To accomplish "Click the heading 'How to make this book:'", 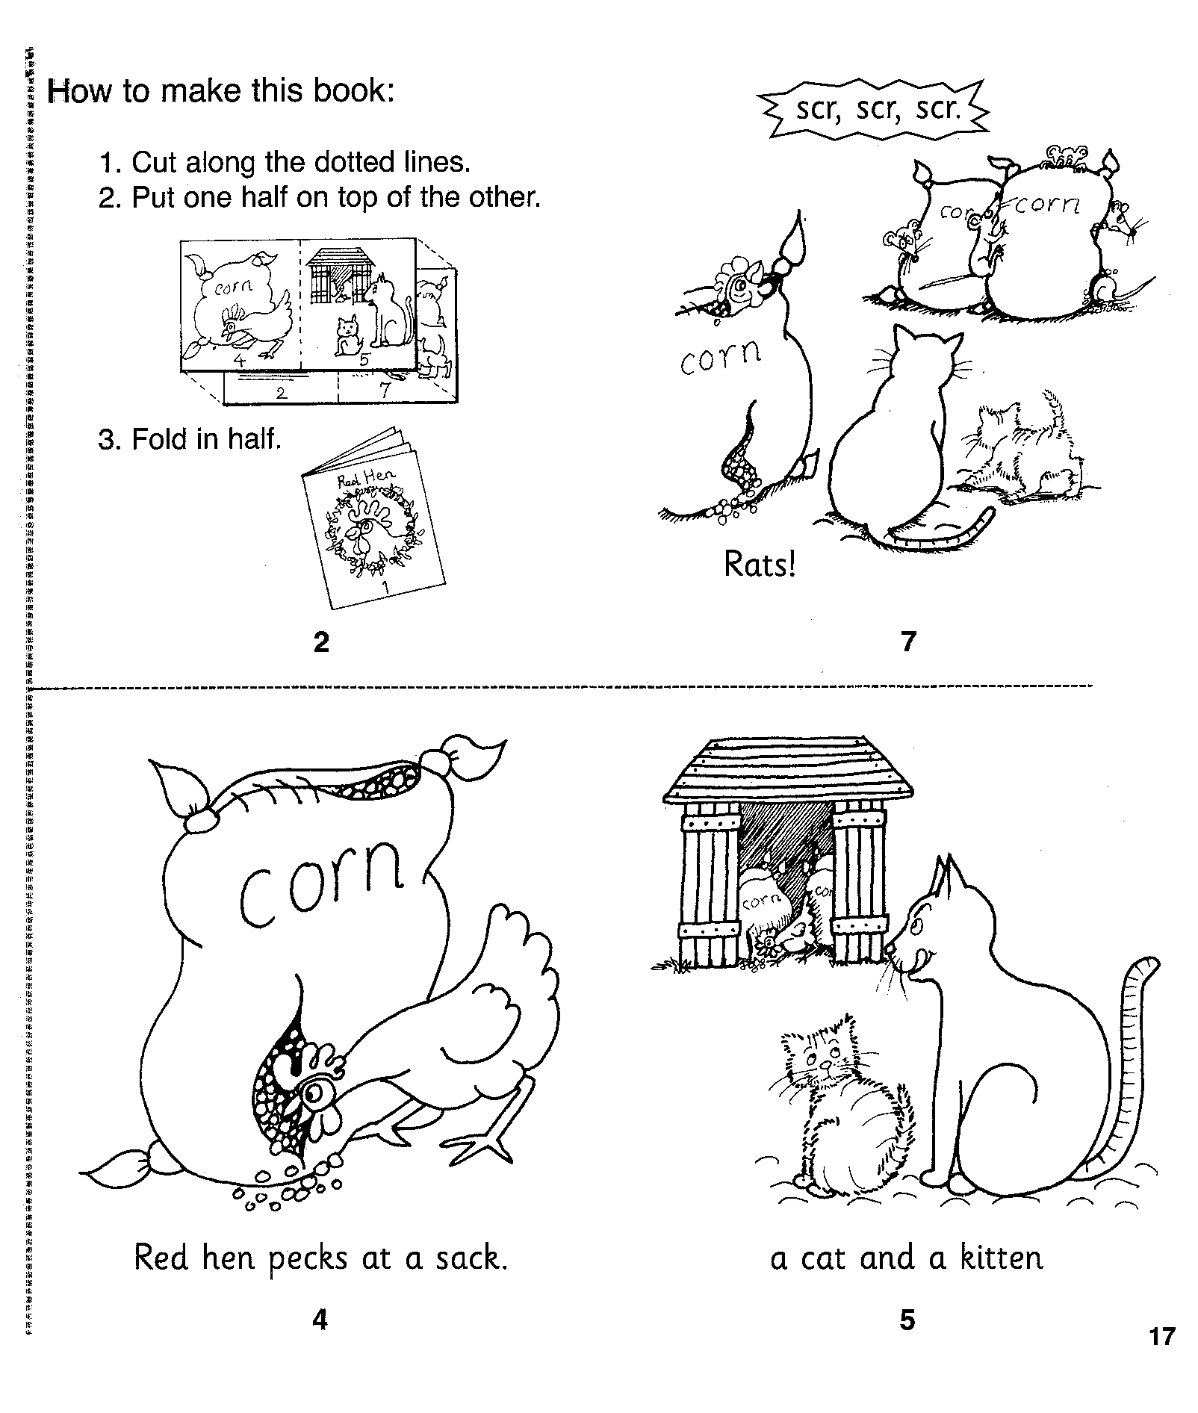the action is [220, 90].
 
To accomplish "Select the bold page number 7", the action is [908, 642].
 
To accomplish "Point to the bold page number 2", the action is [321, 642].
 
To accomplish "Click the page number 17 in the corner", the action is [1162, 1356].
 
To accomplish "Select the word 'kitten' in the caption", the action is [1002, 1258].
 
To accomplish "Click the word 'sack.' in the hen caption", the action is [472, 1258].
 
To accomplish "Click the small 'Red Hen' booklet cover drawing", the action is [373, 518].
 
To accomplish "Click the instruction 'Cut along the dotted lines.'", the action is [285, 161].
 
